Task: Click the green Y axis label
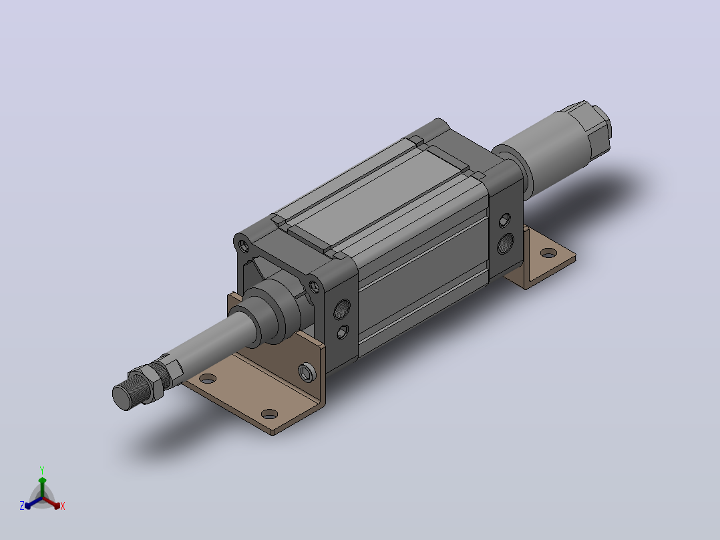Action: point(42,470)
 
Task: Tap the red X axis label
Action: point(63,506)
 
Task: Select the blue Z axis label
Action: point(22,506)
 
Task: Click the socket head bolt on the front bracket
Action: point(307,372)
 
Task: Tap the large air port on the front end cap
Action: point(341,309)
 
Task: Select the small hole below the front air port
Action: point(343,331)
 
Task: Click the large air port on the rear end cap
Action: point(506,243)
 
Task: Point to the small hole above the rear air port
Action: point(505,221)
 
